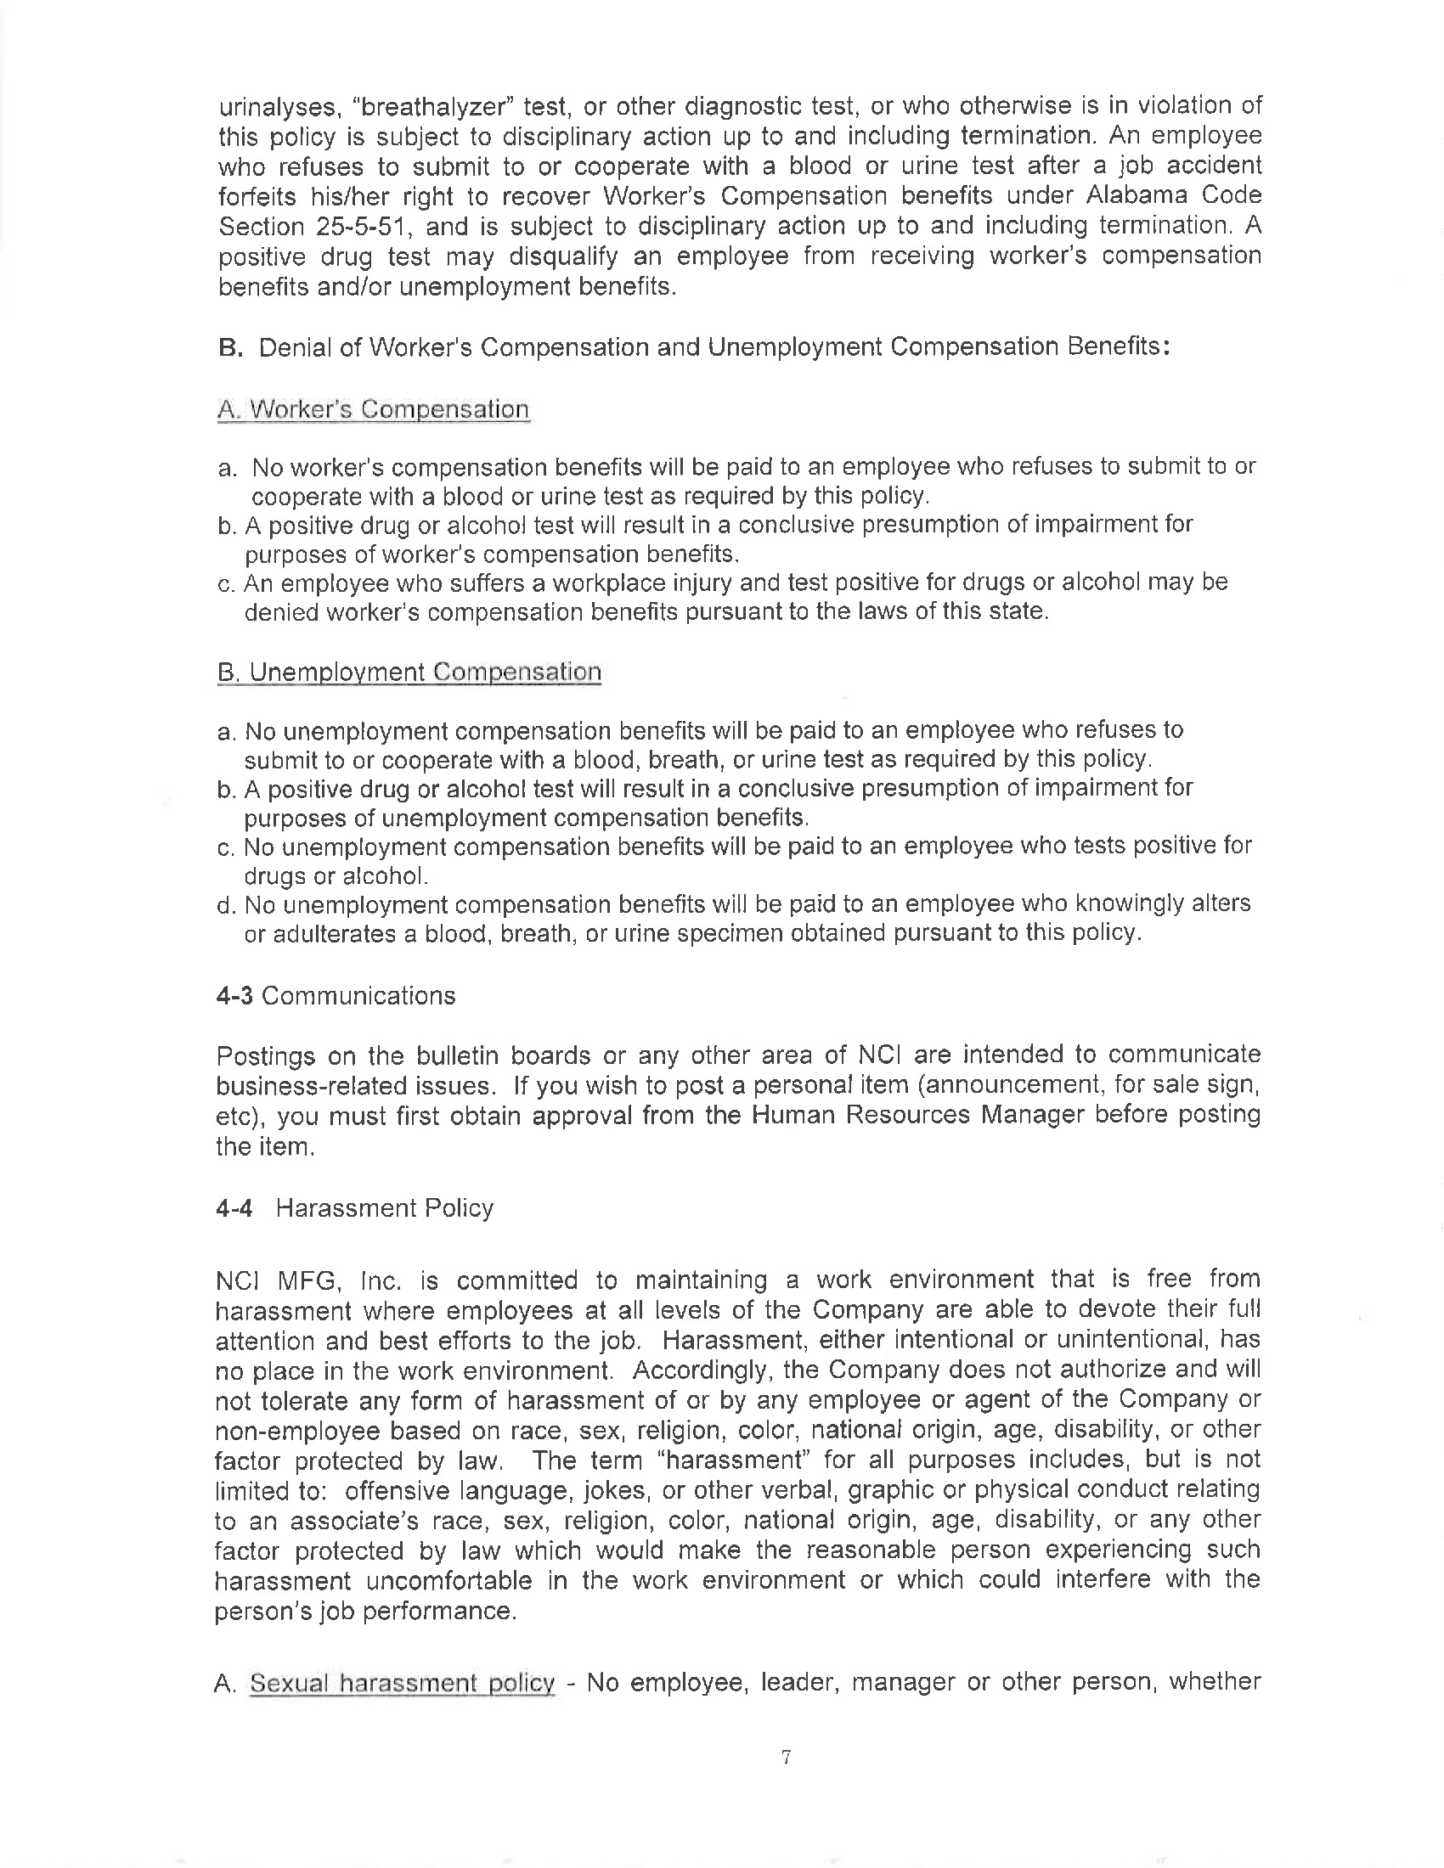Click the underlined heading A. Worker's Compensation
tap(373, 410)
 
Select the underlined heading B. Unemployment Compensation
tap(409, 672)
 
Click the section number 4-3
tap(234, 996)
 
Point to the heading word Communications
tap(358, 996)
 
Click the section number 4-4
tap(234, 1207)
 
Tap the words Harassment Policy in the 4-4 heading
tap(385, 1207)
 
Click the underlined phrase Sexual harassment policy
tap(402, 1683)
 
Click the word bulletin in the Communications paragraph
tap(460, 1055)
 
